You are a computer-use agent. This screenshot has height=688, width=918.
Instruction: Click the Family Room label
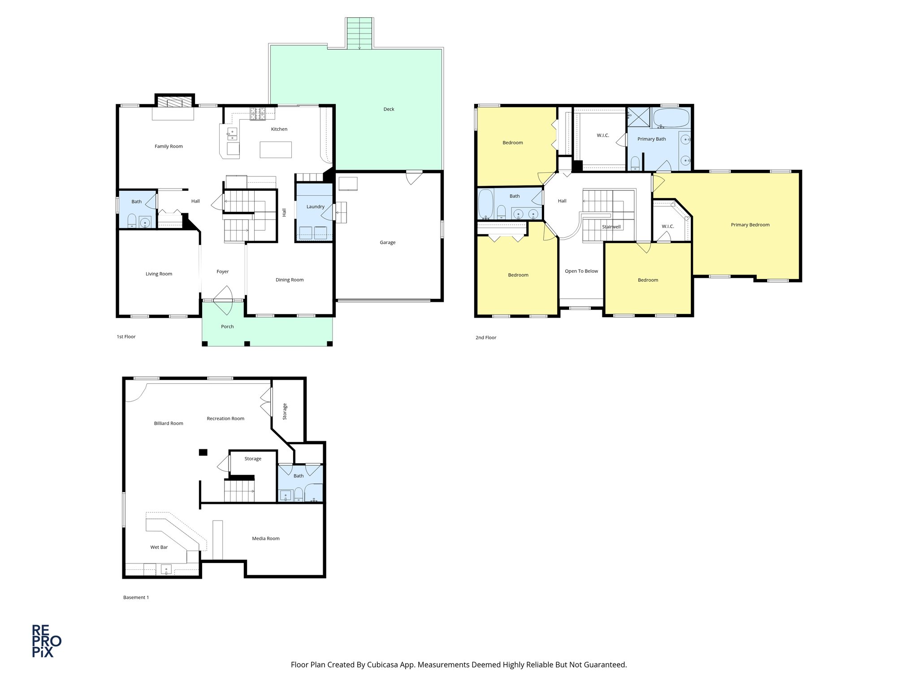click(169, 146)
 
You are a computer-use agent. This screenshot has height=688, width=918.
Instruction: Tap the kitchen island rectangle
click(276, 150)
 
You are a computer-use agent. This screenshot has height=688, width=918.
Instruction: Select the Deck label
click(389, 109)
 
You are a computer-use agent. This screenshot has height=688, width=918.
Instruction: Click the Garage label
click(387, 243)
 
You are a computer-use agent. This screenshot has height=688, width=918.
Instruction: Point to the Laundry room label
click(315, 207)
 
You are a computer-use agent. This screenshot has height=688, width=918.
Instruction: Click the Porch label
click(227, 327)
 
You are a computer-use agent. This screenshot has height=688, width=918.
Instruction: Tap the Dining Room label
click(290, 280)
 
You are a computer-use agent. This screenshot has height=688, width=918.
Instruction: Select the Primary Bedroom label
click(750, 225)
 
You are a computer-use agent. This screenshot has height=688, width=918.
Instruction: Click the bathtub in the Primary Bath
click(671, 118)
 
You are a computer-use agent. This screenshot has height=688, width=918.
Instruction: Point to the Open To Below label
click(581, 271)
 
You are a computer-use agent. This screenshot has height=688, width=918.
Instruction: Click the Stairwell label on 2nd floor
click(611, 227)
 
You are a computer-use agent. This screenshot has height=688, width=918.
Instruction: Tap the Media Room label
click(265, 538)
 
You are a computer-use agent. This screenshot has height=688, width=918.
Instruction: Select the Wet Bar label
click(159, 547)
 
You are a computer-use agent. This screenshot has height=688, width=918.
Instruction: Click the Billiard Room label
click(169, 423)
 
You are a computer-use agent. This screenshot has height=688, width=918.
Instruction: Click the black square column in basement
click(204, 452)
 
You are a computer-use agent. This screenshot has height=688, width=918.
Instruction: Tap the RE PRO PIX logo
click(46, 641)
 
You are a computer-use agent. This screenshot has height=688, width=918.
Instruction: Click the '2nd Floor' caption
click(485, 338)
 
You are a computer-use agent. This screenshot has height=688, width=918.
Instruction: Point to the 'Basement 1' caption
click(136, 598)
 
